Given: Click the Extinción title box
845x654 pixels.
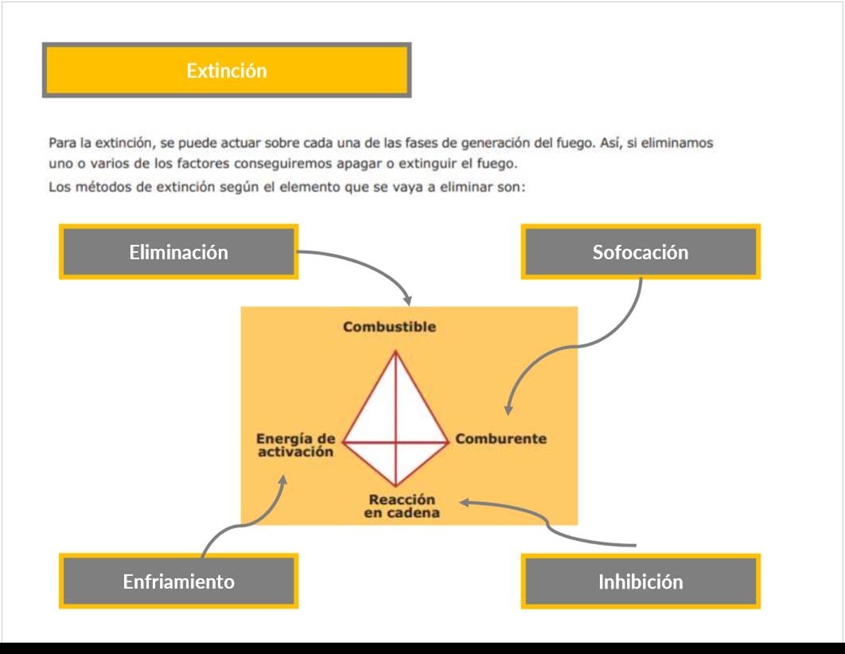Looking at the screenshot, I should pos(227,71).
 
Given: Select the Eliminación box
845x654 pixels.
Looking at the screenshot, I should pos(178,252).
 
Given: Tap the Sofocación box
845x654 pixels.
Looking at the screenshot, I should pos(641,252).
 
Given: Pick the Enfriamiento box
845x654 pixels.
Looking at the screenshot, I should pos(178,582).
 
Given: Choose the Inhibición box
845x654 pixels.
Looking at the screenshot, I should pos(641,582).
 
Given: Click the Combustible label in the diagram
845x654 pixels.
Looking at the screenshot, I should pos(389,327).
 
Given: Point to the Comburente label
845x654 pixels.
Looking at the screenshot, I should pos(501,438).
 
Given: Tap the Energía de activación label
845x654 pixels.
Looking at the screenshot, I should pos(295,445).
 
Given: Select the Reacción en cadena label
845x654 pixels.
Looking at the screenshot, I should pos(402,506).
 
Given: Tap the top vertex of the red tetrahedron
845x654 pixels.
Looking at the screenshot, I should pos(395,351).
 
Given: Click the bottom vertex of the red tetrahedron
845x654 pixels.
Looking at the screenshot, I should pos(395,485).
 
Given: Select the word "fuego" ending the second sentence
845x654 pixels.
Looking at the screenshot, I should pos(497,165).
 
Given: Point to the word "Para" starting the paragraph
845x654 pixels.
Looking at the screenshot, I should pos(61,143).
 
